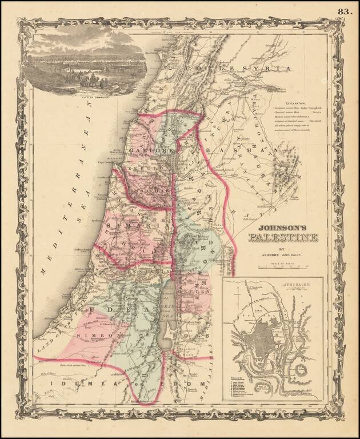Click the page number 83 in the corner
[345, 11]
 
